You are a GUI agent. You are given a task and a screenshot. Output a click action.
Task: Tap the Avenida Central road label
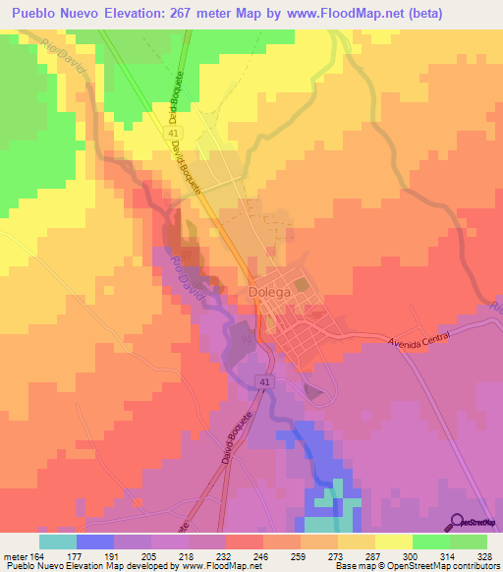418,339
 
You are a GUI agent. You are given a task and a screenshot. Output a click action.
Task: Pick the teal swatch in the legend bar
58,541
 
